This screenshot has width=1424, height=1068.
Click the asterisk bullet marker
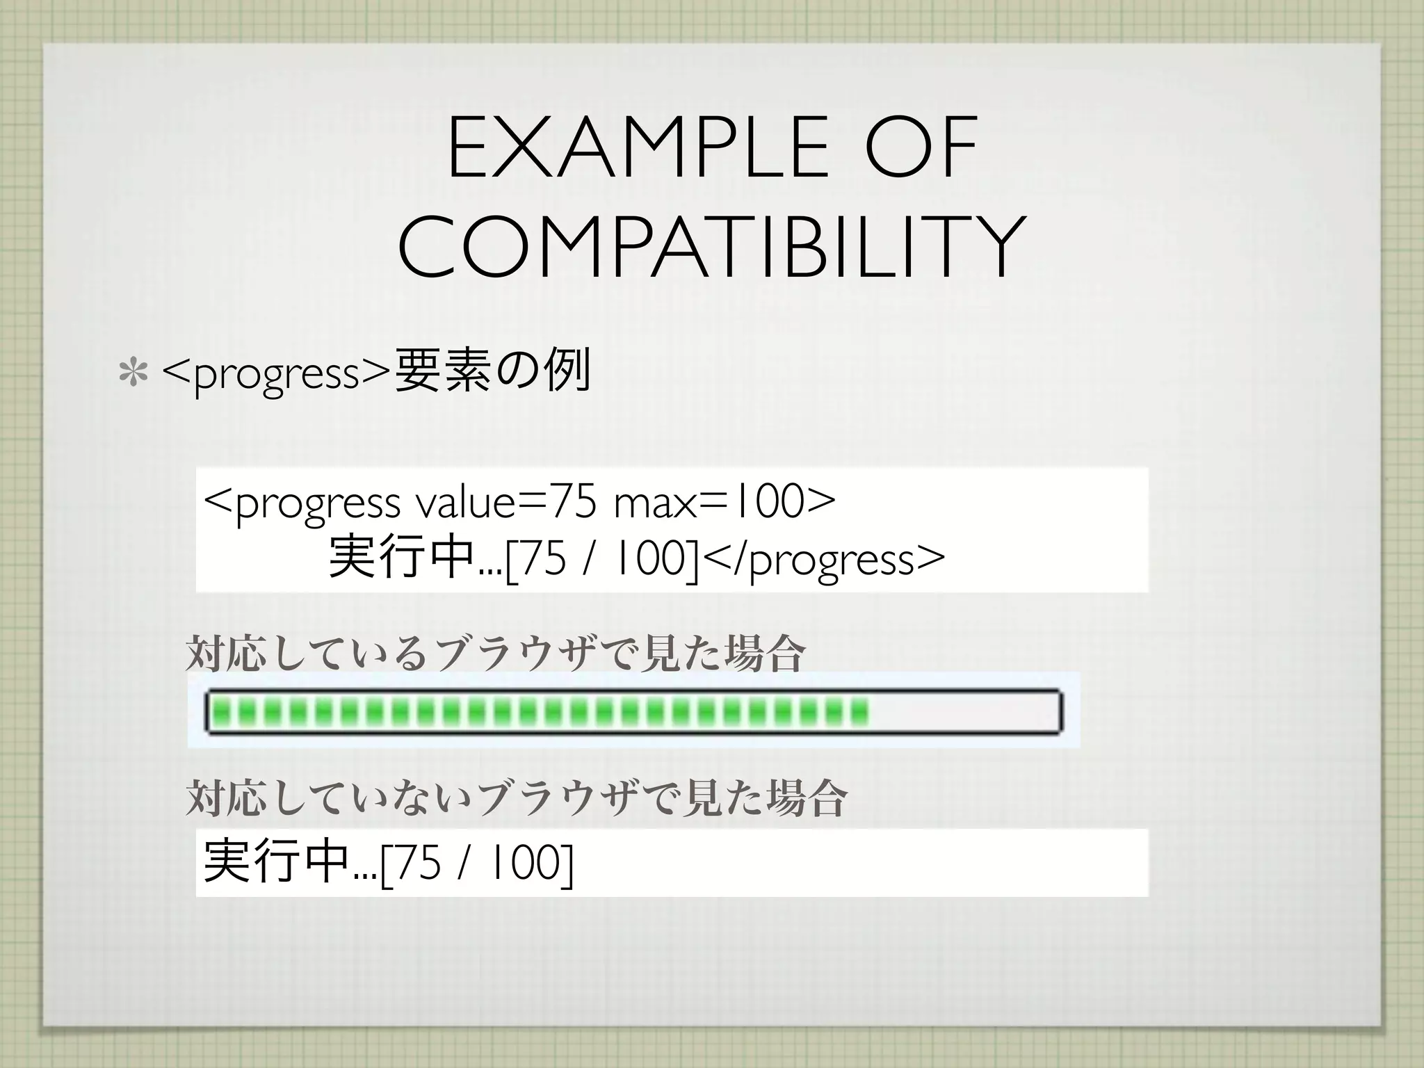[x=133, y=373]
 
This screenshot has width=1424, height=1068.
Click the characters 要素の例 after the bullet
[x=492, y=372]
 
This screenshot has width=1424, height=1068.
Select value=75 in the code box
[x=505, y=503]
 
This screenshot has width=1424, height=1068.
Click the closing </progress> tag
[x=825, y=560]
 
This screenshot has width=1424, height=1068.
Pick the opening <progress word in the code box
[x=302, y=504]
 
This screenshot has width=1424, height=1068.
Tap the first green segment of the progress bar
[x=221, y=711]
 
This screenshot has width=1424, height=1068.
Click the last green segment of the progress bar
[x=860, y=711]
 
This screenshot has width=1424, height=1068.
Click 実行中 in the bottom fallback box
[x=276, y=862]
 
